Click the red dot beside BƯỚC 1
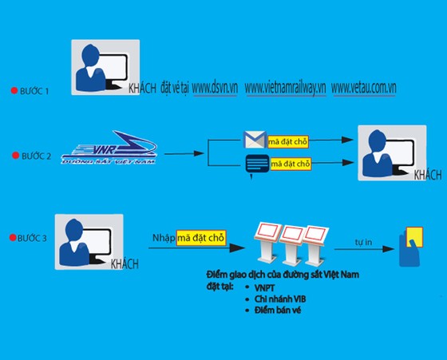(x=14, y=91)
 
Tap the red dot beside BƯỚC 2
(x=15, y=156)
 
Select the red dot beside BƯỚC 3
(x=13, y=237)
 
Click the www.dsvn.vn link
(x=215, y=88)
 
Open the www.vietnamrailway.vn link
(x=286, y=88)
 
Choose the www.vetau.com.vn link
(x=364, y=88)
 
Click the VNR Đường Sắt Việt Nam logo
(x=109, y=148)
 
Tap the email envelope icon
(x=255, y=140)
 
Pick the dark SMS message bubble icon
(x=257, y=164)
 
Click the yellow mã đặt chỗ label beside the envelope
(x=288, y=141)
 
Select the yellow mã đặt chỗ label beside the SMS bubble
(x=291, y=164)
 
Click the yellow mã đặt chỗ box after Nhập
(x=201, y=238)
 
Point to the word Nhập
(x=164, y=238)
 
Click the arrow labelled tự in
(x=364, y=249)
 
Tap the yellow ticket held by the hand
(x=414, y=236)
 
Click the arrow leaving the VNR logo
(x=184, y=153)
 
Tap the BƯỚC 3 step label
(x=32, y=238)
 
